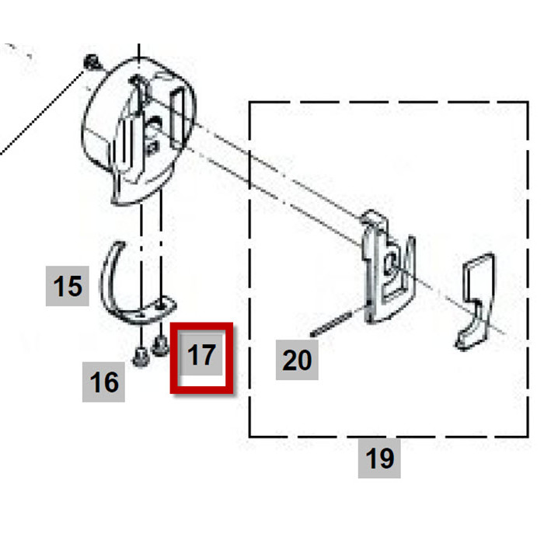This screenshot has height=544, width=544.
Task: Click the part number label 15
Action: point(68,286)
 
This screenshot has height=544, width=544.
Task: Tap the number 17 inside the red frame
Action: point(201,356)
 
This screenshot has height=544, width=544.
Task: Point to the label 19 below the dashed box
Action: point(379,459)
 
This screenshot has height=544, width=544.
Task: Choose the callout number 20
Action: point(296,360)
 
